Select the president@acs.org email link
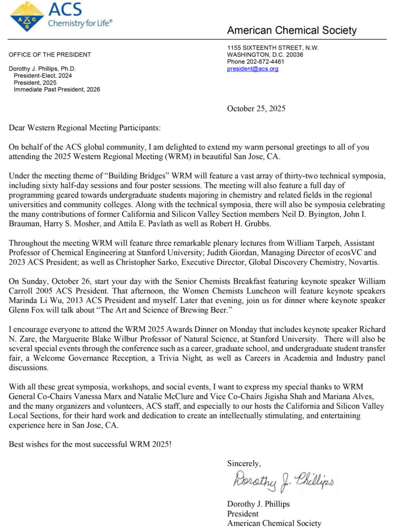pyautogui.click(x=253, y=69)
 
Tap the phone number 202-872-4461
pyautogui.click(x=266, y=62)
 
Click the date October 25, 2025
pyautogui.click(x=256, y=108)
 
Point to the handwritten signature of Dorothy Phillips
pyautogui.click(x=282, y=481)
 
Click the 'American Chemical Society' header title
pyautogui.click(x=292, y=31)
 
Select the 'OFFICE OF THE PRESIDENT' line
pyautogui.click(x=50, y=55)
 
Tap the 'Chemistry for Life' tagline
pyautogui.click(x=80, y=23)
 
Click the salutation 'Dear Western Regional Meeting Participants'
pyautogui.click(x=84, y=127)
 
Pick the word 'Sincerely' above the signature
pyautogui.click(x=244, y=463)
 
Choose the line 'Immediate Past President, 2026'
pyautogui.click(x=57, y=90)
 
